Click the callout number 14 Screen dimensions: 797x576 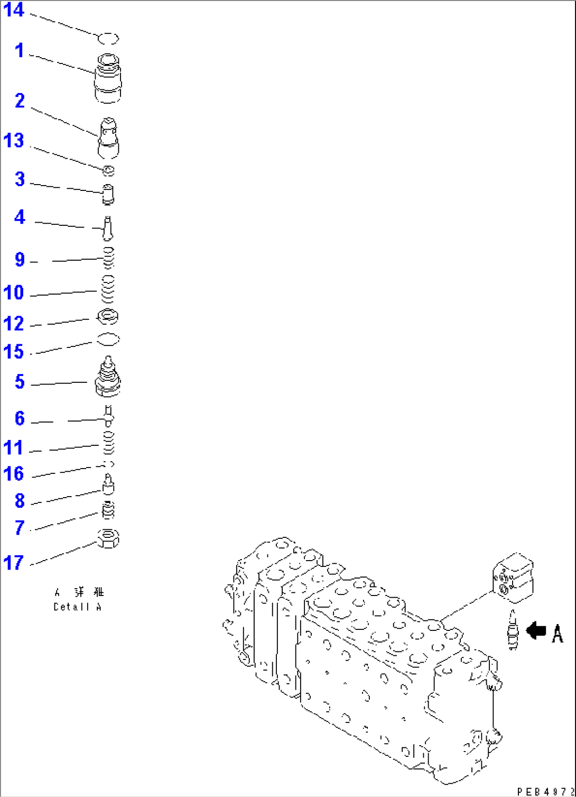pos(14,10)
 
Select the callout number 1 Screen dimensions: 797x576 pos(20,51)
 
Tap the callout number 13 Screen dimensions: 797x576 pos(14,141)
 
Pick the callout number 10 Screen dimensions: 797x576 pos(14,292)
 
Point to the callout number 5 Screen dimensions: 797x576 pos(20,381)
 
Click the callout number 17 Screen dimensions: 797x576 pos(14,562)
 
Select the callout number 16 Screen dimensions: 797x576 pos(14,473)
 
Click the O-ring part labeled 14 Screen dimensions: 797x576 pos(108,39)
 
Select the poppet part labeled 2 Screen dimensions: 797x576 pos(108,139)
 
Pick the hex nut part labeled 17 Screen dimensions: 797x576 pos(108,539)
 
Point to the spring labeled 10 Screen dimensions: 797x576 pos(108,289)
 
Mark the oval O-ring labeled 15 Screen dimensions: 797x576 pos(108,339)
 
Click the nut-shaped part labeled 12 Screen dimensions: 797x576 pos(108,317)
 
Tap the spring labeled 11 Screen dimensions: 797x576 pos(108,442)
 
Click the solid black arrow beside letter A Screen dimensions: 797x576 pos(536,630)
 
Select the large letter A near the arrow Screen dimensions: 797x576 pos(557,633)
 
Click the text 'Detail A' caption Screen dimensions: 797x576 pos(77,607)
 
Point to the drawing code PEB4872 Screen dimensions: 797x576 pos(545,791)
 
